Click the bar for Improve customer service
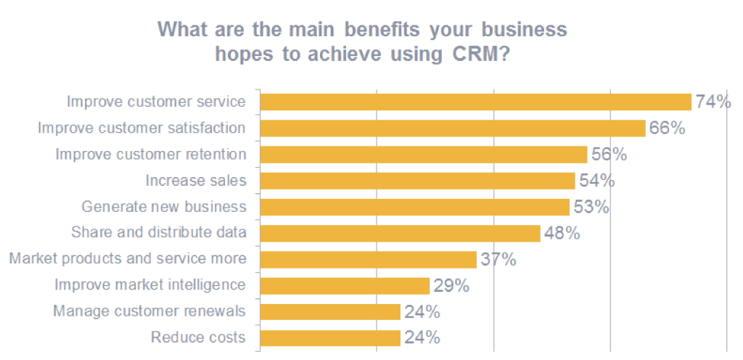(x=475, y=102)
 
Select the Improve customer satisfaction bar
(x=453, y=128)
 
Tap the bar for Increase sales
(x=417, y=181)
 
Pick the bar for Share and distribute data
(x=400, y=233)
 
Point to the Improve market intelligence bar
(x=345, y=285)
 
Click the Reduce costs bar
(x=330, y=338)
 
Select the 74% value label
(x=713, y=102)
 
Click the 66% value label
(x=667, y=128)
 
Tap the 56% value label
(x=609, y=155)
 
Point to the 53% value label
(x=591, y=207)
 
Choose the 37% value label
(x=498, y=259)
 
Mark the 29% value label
(x=451, y=285)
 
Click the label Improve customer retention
(x=151, y=155)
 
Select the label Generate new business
(x=164, y=207)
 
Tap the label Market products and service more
(x=128, y=259)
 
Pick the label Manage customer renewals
(x=149, y=311)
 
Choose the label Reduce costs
(x=198, y=337)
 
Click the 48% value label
(x=562, y=233)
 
